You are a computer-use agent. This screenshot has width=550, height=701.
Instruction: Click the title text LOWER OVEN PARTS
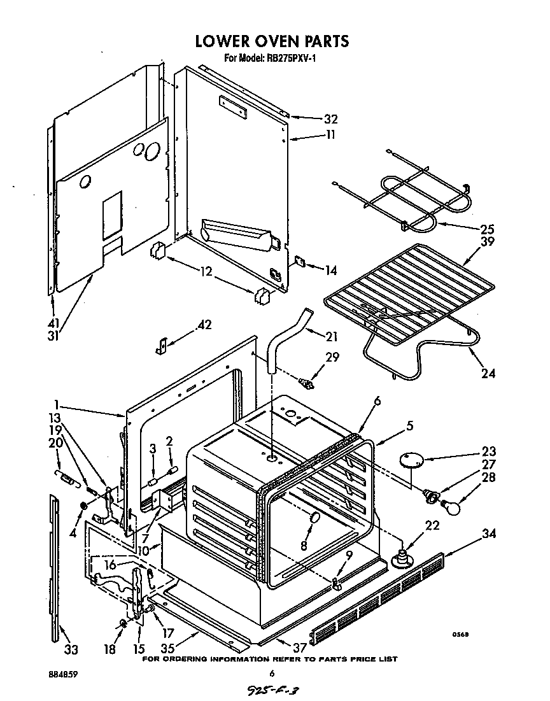[x=272, y=41]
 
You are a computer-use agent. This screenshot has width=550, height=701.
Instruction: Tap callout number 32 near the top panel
[x=330, y=119]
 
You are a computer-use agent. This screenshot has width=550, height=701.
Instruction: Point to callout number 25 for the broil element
[x=488, y=229]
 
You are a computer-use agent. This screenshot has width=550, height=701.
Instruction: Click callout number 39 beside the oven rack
[x=488, y=242]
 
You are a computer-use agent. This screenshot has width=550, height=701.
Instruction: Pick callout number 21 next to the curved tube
[x=331, y=337]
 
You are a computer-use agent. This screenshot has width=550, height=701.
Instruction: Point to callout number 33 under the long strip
[x=71, y=649]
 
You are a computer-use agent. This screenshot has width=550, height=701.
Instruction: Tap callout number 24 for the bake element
[x=488, y=373]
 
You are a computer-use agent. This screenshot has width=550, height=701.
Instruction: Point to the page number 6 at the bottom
[x=272, y=674]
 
